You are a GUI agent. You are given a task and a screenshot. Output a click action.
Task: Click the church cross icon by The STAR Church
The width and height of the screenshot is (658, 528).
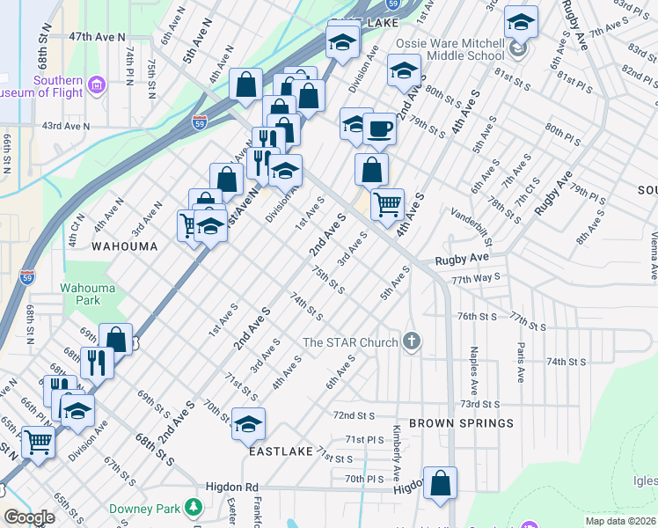tap(411, 341)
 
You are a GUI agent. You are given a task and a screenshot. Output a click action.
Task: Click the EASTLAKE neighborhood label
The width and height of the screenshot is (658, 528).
tap(281, 451)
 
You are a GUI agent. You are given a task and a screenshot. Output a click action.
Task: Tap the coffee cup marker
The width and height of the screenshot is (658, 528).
tap(379, 128)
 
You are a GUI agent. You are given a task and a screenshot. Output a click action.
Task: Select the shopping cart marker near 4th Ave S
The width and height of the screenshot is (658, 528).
tap(387, 205)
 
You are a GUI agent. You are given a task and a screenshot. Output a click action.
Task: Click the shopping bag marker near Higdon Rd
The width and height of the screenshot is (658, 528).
tap(440, 483)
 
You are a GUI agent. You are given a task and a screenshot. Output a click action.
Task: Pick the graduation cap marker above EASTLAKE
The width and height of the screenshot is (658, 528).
tap(248, 423)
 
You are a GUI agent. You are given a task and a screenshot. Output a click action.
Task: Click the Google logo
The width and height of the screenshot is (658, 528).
tap(29, 517)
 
